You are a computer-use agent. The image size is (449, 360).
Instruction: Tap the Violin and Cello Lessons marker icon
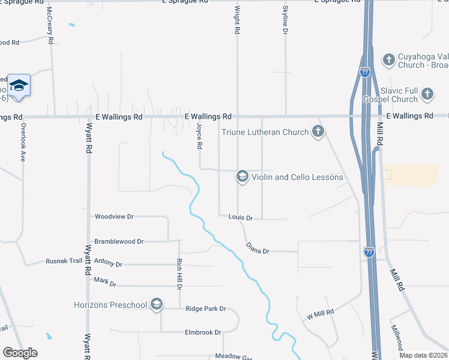click(242, 176)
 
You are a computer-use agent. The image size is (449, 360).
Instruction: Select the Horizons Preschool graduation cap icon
click(157, 305)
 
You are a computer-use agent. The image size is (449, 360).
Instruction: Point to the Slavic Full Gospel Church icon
click(427, 94)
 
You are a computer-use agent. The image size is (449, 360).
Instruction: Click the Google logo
click(20, 353)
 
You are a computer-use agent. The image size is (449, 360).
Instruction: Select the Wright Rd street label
click(238, 20)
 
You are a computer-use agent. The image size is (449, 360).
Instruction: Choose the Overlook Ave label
click(23, 142)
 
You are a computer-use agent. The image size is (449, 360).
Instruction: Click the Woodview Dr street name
click(114, 216)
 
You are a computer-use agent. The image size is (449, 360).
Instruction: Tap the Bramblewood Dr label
click(119, 241)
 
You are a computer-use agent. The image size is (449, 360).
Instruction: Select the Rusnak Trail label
click(64, 262)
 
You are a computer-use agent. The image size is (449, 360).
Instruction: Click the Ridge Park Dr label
click(206, 308)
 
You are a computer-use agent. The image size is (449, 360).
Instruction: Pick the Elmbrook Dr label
click(203, 332)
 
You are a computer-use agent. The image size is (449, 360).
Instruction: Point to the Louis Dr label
click(241, 218)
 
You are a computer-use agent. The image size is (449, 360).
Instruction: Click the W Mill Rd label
click(319, 314)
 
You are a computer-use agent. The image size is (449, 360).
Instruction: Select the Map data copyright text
click(423, 355)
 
